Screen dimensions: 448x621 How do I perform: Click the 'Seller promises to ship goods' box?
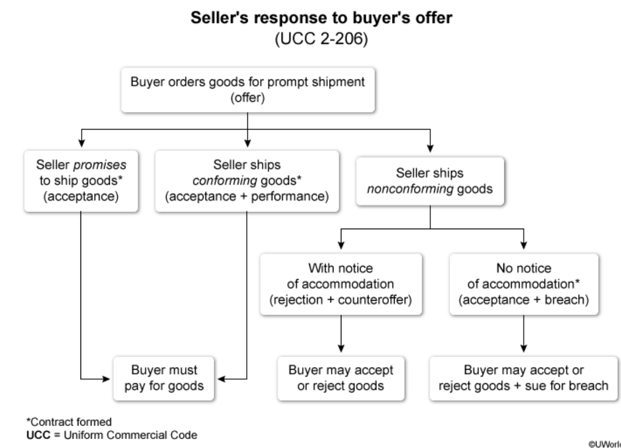(82, 180)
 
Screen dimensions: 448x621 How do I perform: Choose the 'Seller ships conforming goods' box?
(247, 180)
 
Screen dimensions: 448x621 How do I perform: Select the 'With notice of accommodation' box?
(341, 284)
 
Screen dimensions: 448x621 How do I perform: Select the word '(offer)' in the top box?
(247, 99)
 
